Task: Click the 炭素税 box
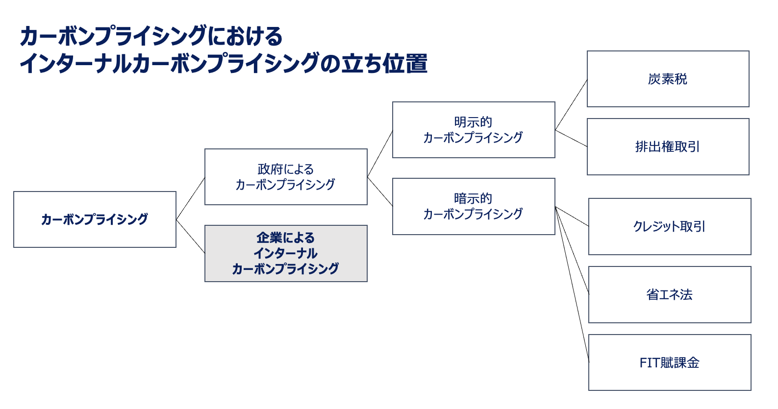[668, 79]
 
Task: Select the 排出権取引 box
[668, 147]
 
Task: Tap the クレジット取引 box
[670, 226]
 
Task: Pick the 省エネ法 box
[670, 294]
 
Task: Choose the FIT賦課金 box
[670, 362]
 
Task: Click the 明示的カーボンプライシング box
[474, 130]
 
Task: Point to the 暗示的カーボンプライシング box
[474, 206]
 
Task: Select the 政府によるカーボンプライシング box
[286, 177]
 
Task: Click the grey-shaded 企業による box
[286, 254]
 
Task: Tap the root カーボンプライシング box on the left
[95, 219]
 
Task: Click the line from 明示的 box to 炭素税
[571, 105]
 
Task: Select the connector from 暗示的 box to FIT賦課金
[572, 285]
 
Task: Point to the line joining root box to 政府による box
[190, 198]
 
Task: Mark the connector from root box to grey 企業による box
[190, 237]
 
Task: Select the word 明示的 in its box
[473, 122]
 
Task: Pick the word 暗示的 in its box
[473, 199]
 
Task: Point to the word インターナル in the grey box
[285, 253]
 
